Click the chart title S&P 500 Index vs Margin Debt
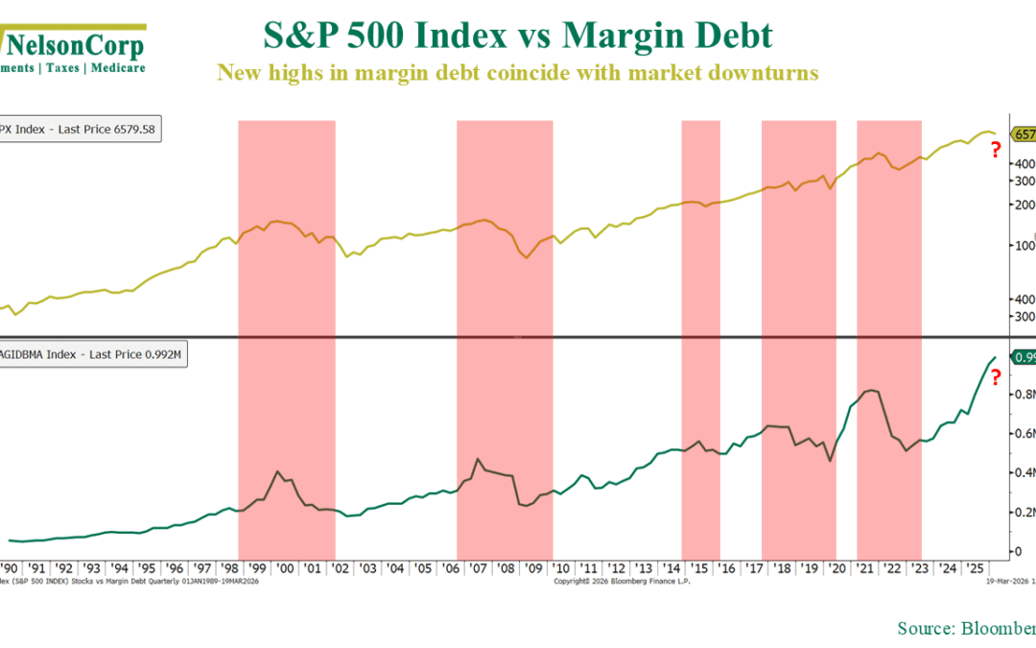click(517, 37)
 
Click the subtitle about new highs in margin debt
click(517, 73)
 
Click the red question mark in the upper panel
click(996, 150)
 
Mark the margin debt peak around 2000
click(277, 471)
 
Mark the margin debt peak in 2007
click(478, 459)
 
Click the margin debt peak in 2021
click(870, 391)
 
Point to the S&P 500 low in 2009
click(527, 258)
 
